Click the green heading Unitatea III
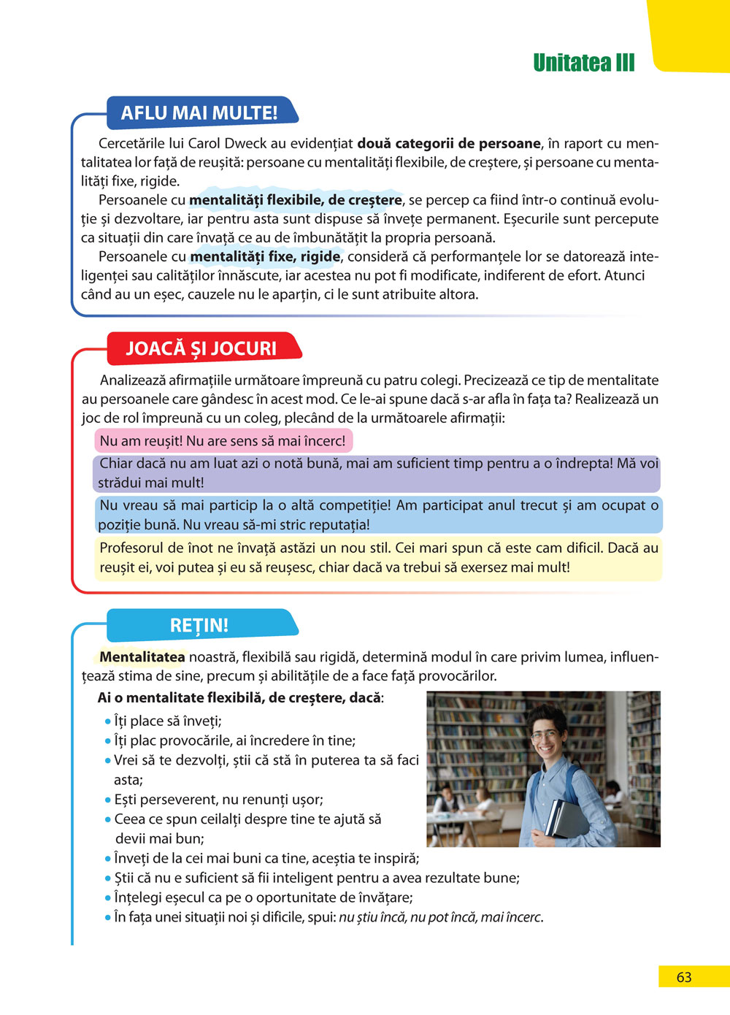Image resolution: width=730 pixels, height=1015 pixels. [583, 63]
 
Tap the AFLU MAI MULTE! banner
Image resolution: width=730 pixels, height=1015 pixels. [199, 113]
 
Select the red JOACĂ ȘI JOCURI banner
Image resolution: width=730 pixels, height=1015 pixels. [201, 348]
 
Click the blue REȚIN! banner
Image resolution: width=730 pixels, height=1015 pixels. [199, 626]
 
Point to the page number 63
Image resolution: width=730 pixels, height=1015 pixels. [683, 977]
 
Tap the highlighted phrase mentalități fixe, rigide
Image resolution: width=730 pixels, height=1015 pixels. [265, 257]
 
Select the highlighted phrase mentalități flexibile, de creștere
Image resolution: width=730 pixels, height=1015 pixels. [296, 200]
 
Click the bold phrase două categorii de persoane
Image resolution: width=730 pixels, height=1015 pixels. [449, 144]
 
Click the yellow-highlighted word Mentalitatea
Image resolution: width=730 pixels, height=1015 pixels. [142, 657]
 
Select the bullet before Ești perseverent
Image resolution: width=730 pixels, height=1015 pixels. [108, 800]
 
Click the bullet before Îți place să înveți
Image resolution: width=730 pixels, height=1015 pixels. [108, 721]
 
